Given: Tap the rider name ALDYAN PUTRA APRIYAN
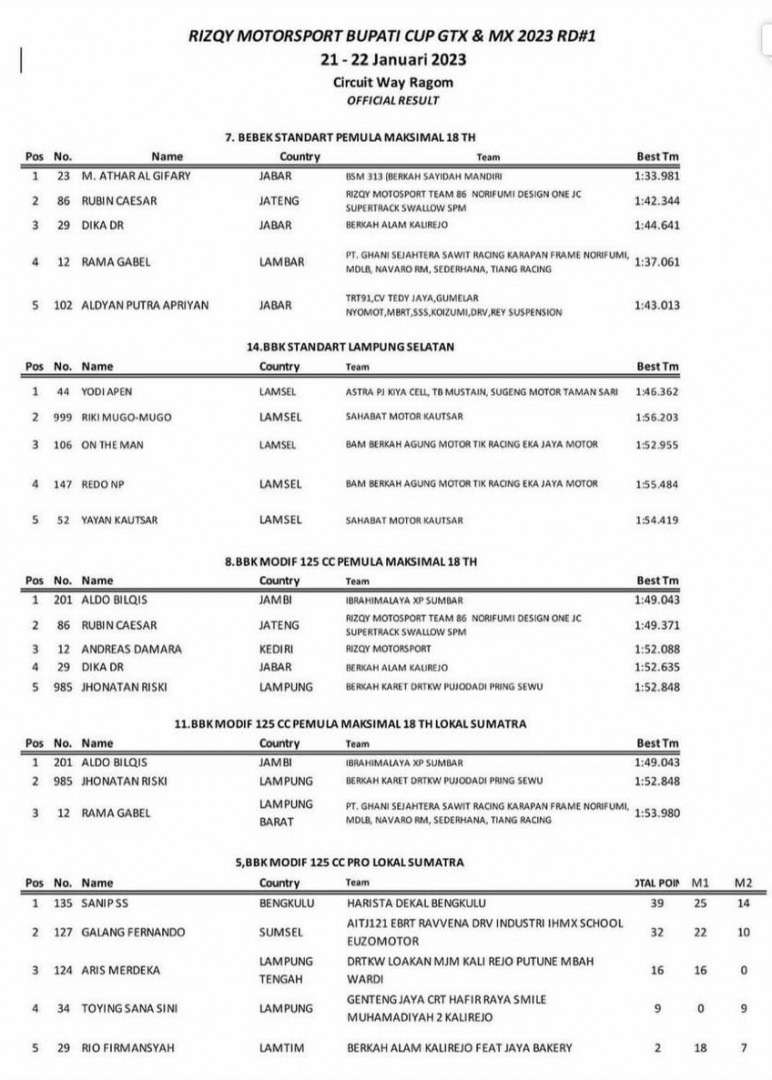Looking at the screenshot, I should (145, 305).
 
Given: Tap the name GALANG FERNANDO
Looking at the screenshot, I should (133, 932).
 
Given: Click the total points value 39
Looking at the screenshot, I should (658, 903).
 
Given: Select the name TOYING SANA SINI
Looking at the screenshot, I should (130, 1009).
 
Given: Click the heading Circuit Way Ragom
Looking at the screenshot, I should (385, 83).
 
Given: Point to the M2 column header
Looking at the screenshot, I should (742, 883).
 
